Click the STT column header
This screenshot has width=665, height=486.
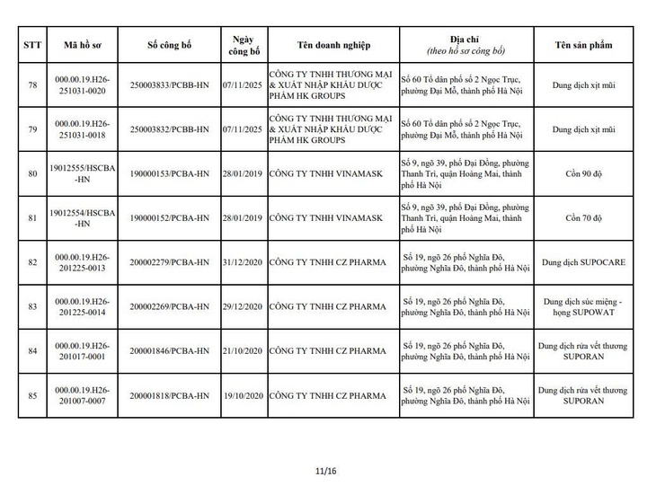[31, 45]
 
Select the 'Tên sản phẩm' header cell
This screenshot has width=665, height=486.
[581, 45]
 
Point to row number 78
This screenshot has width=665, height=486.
[31, 85]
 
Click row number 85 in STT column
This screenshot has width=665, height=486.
[31, 395]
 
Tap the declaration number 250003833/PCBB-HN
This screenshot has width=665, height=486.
[169, 85]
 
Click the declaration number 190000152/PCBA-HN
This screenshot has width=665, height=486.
[169, 218]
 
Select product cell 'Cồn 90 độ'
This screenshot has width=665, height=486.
[581, 174]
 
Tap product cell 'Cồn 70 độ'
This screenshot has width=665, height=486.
[581, 218]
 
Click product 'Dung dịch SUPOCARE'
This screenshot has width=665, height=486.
[581, 262]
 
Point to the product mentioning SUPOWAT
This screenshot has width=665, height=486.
[581, 307]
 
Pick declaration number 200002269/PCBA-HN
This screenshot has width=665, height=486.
[169, 307]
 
